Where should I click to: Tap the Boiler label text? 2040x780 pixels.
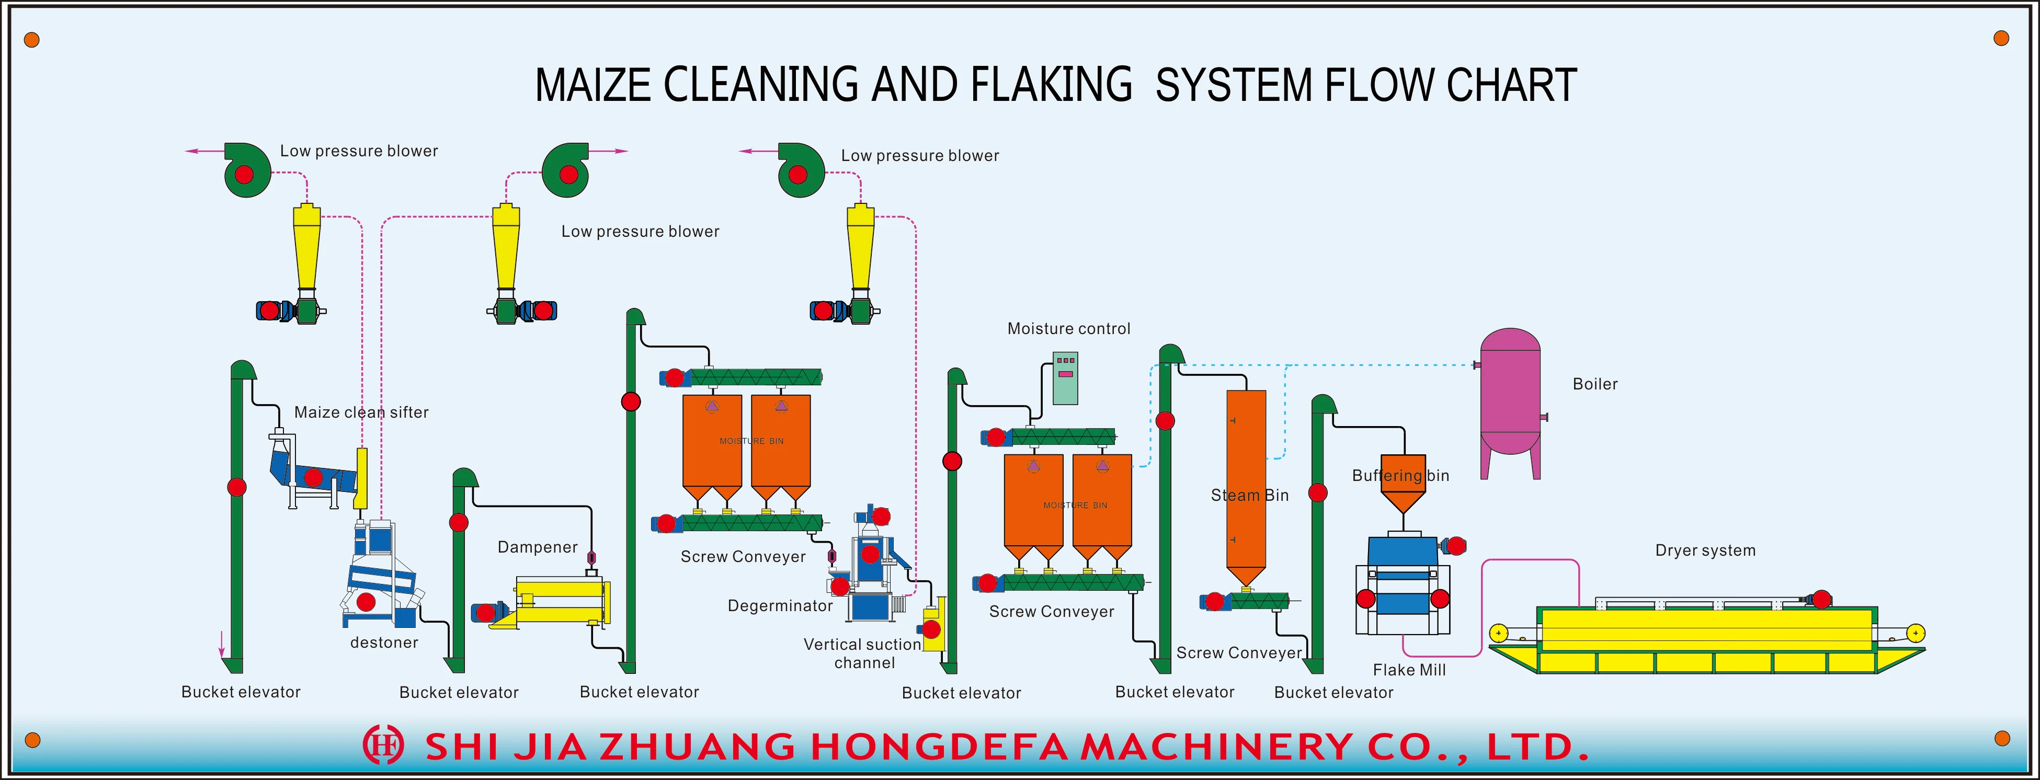pos(1594,384)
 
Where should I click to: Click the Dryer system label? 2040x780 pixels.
pos(1704,550)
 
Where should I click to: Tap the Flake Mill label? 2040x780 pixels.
pos(1409,670)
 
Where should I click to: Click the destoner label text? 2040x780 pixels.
pos(384,642)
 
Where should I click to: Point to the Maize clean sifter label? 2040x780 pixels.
pos(361,412)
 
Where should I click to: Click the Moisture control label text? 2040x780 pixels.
pos(1068,329)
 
